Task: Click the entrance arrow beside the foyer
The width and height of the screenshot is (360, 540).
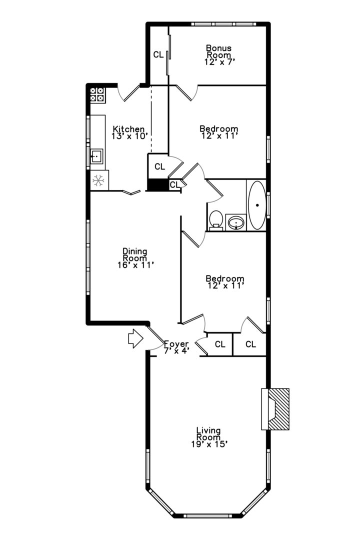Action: point(135,338)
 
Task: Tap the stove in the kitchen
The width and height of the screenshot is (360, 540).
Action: point(97,94)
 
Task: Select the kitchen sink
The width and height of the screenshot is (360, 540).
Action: point(97,157)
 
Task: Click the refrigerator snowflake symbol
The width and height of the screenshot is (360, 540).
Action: point(98,180)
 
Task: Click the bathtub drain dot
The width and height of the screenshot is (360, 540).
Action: point(257,205)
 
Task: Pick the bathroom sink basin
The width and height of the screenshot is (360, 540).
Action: point(236,222)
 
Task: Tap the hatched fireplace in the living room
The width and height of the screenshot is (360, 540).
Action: point(278,409)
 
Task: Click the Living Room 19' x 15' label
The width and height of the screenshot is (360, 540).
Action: point(209,437)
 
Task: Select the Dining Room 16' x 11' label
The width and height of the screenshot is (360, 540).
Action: point(135,258)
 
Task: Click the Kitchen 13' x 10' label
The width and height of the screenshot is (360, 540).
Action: point(129,132)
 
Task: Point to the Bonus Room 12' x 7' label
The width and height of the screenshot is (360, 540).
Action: point(219,55)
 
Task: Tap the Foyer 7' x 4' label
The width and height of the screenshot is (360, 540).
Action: point(176,347)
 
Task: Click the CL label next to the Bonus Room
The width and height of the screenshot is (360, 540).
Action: point(158,55)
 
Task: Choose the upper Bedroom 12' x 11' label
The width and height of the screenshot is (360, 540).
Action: point(219,132)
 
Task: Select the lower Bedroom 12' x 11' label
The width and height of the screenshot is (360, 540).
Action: point(225,282)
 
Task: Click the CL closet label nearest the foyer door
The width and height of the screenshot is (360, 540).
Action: point(220,344)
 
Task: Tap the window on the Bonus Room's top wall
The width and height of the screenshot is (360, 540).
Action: point(223,24)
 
